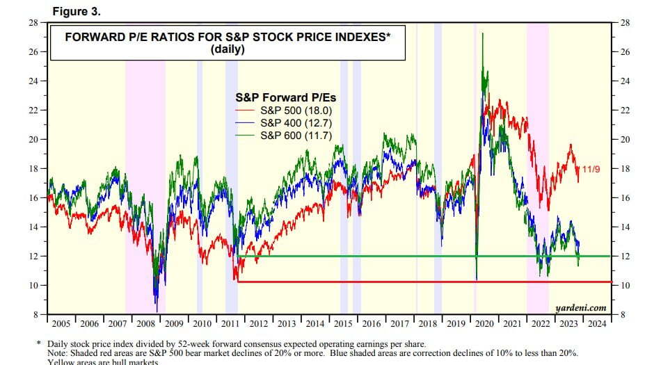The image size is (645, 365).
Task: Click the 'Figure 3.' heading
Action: coord(77,11)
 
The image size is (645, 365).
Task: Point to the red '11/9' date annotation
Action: coord(591,169)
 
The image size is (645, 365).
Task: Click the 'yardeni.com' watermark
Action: coord(580,307)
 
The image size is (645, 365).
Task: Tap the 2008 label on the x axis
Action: coord(146,324)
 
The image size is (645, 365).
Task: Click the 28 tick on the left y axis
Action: coord(33,23)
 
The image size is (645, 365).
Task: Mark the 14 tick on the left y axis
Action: coord(33,227)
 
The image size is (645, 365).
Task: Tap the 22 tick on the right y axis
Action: coord(626,111)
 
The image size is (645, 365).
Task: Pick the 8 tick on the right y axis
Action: coord(623,315)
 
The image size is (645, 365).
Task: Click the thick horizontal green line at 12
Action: coord(417,256)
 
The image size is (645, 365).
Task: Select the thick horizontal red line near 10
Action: coord(417,282)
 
